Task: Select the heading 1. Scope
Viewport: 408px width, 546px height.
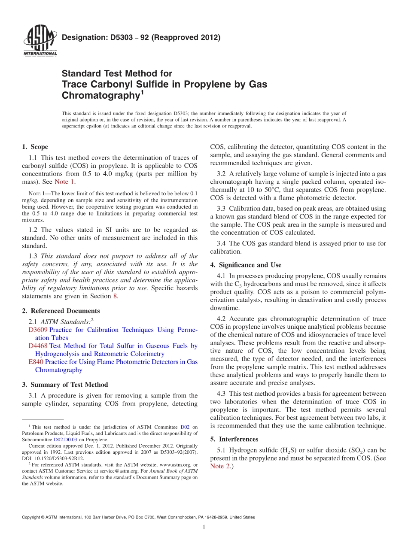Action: (x=35, y=147)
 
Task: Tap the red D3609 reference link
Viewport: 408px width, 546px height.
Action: (x=37, y=330)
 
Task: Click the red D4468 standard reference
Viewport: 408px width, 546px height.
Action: (x=37, y=346)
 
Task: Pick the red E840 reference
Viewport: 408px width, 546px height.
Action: (x=35, y=362)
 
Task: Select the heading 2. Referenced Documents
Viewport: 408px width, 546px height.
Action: (x=61, y=311)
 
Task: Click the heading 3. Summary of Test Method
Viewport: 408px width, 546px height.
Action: (x=65, y=385)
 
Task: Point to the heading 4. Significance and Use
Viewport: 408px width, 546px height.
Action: (x=246, y=265)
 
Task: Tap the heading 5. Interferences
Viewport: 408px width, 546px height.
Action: (x=234, y=439)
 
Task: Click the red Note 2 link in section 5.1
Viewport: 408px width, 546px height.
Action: (x=219, y=466)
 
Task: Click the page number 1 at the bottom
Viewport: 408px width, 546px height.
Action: (x=204, y=528)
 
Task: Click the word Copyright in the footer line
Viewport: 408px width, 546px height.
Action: (x=33, y=517)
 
